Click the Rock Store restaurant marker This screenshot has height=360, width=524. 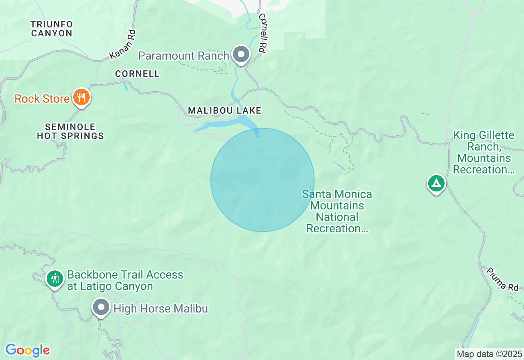81,97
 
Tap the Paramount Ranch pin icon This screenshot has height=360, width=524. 241,54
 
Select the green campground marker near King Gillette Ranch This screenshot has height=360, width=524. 436,183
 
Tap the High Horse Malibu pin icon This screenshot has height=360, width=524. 101,307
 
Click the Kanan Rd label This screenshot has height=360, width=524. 122,44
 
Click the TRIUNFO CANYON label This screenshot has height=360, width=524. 52,29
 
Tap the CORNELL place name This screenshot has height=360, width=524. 137,74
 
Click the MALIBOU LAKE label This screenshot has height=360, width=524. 224,110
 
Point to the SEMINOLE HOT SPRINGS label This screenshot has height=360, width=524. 70,131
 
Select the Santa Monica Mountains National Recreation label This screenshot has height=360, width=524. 337,211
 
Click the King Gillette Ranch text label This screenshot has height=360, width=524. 483,152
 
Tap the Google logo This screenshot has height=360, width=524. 27,350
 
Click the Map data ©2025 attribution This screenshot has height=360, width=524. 489,354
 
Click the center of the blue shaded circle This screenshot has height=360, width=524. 262,180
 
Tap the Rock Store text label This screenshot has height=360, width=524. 42,99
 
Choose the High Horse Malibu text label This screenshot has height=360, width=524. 160,308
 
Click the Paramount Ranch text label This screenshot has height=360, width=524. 183,56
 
